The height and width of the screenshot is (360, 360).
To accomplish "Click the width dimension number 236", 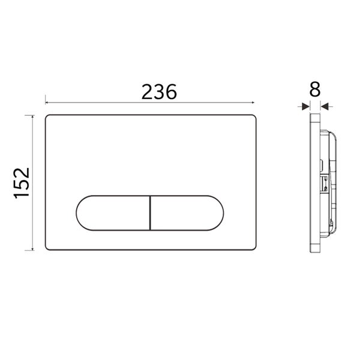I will (x=159, y=92).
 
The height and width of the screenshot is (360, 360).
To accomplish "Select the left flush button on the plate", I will (x=112, y=212).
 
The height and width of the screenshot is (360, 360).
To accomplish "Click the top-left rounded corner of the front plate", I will (x=49, y=116).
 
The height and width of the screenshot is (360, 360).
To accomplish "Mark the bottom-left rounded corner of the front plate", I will (x=49, y=248).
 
